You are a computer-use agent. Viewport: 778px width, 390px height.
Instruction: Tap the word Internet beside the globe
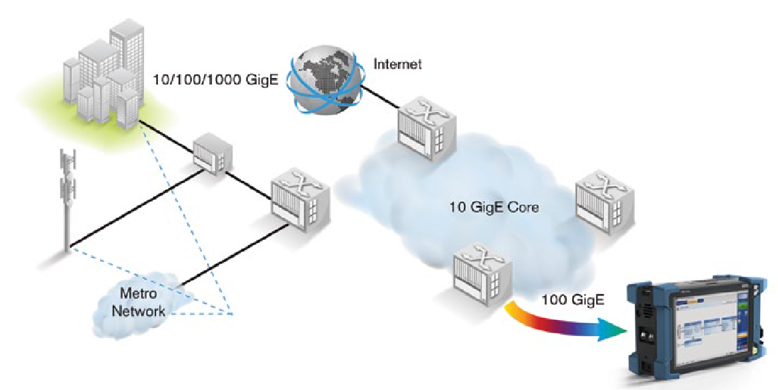click(x=397, y=64)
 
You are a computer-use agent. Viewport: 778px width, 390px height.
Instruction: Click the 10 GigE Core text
click(x=494, y=207)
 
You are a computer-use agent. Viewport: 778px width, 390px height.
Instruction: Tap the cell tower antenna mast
click(x=68, y=200)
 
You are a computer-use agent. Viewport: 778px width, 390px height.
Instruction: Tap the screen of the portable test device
click(x=707, y=327)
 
